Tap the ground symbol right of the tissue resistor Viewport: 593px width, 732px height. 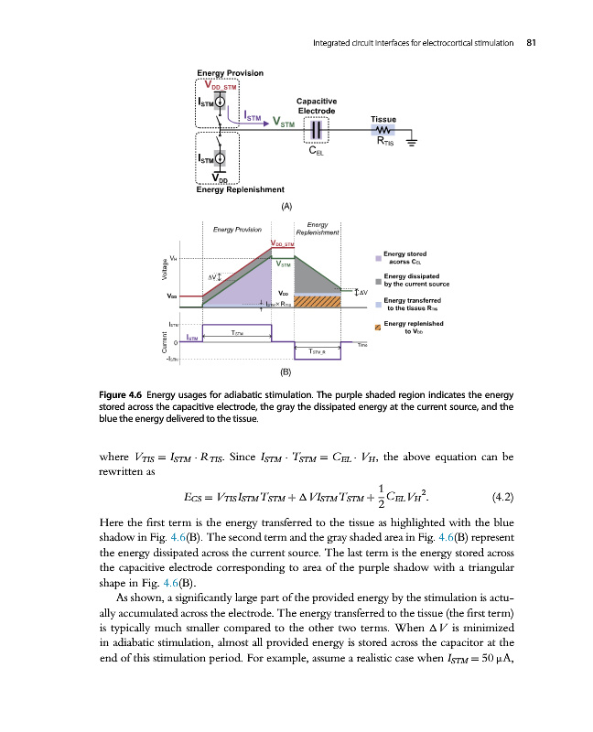tap(414, 142)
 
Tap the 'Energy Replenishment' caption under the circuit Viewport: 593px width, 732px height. tap(240, 190)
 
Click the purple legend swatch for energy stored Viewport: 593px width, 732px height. tap(377, 257)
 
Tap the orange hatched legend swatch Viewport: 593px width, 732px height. tap(377, 327)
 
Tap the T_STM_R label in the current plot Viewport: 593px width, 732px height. tap(317, 351)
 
